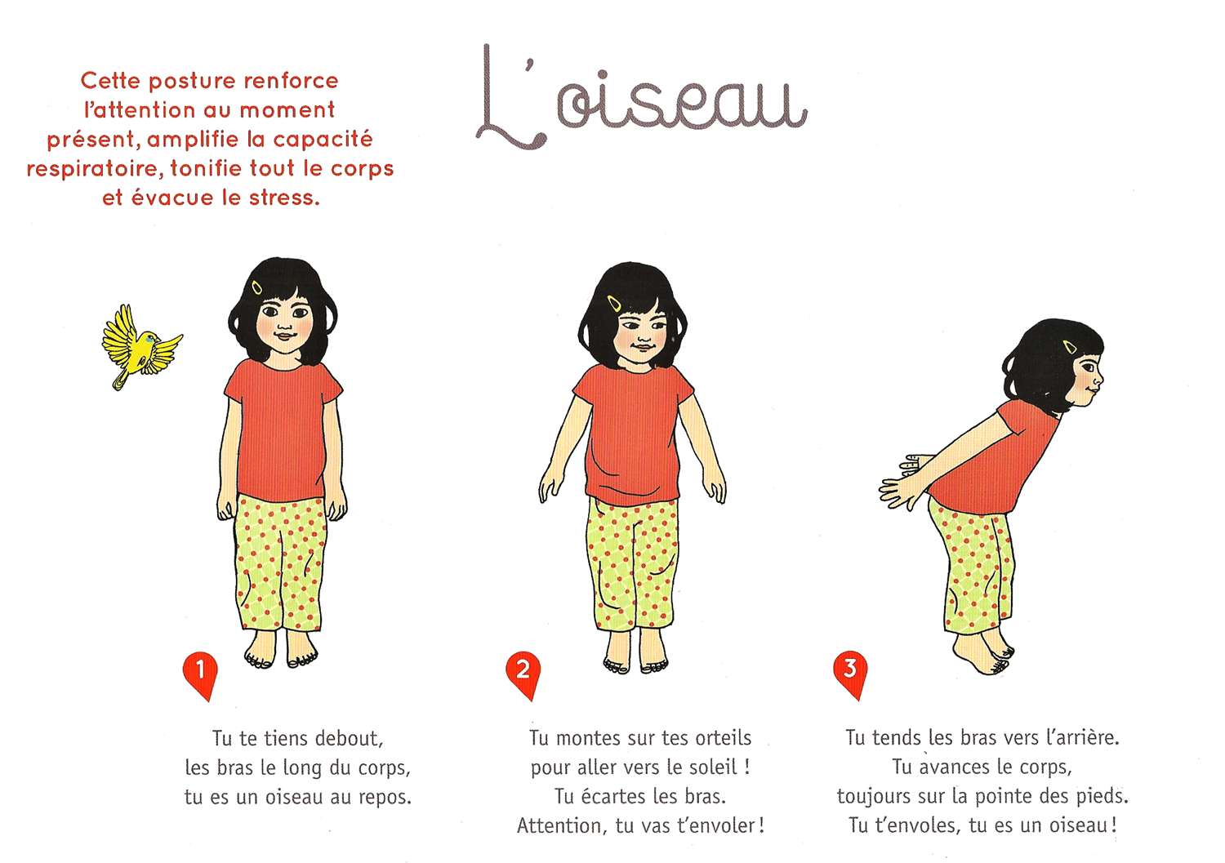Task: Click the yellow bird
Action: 141,347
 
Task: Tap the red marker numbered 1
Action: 200,674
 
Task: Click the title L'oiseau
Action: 641,97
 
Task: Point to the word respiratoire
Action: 96,169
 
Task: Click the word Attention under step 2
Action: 562,825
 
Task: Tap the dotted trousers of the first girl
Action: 280,563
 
